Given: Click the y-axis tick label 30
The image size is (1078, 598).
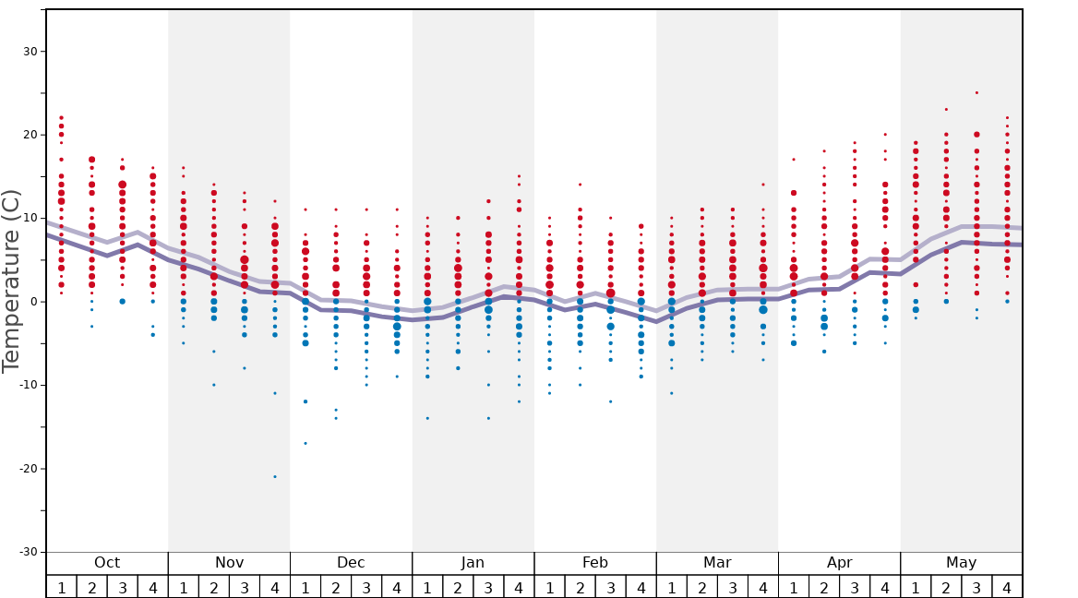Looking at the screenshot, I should [29, 52].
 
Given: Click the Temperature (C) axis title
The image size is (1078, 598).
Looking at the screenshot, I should [11, 281].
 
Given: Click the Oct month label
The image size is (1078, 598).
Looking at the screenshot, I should [107, 563].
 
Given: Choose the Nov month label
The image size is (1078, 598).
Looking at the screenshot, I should [229, 563].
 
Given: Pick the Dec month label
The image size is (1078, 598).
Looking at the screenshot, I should [351, 563].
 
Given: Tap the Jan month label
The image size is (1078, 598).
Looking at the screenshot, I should [473, 563].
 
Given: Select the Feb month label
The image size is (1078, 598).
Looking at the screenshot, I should [595, 563].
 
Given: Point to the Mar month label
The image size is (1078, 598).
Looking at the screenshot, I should [717, 563].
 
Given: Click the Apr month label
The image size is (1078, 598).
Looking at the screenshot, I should [839, 563].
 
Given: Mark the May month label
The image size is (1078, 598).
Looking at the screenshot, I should [961, 563].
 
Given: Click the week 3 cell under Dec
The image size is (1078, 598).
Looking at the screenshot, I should [366, 587].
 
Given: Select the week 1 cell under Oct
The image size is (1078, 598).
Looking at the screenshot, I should [61, 587].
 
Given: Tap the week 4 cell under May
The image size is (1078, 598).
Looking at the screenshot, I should [1007, 587].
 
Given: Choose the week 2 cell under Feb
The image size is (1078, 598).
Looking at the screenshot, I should [580, 587].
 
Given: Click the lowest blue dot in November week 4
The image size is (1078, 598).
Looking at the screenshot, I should [275, 476].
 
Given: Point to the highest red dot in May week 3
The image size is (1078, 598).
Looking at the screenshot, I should [976, 92].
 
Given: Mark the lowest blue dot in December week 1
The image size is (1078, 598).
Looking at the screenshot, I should [305, 443].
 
